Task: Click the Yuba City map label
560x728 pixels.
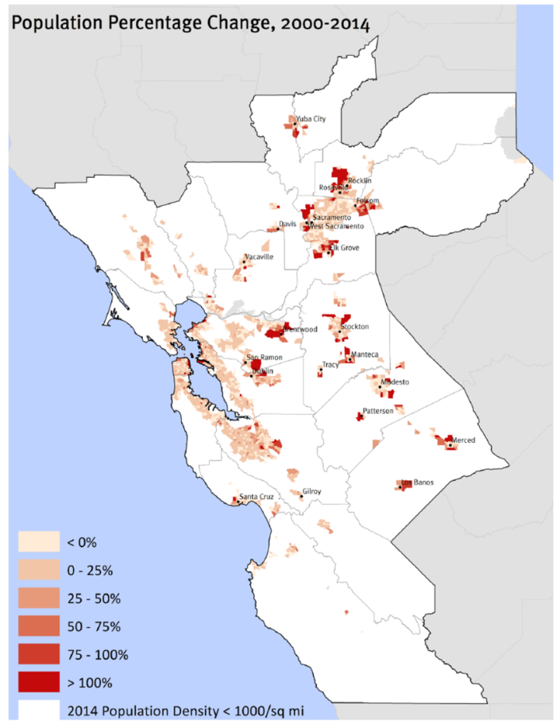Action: click(311, 119)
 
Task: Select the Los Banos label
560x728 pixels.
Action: click(418, 482)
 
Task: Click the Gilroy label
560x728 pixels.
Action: click(311, 492)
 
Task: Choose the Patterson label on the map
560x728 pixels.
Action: click(378, 411)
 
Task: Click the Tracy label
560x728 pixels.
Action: click(330, 366)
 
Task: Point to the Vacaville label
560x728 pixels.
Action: click(260, 258)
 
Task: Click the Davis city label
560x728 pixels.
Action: click(288, 224)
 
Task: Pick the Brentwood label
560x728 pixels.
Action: click(300, 329)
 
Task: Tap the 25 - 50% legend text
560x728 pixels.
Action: click(93, 598)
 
